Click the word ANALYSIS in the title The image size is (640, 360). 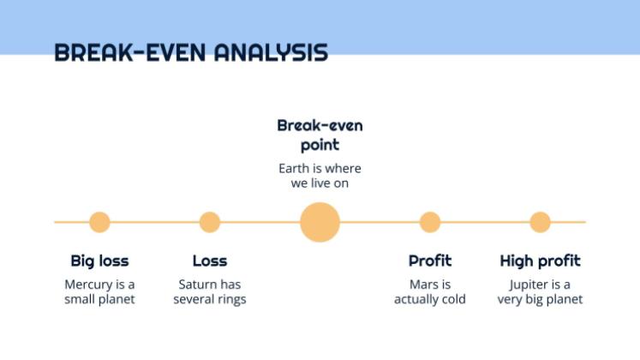(x=271, y=52)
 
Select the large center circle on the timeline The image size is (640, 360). (x=320, y=222)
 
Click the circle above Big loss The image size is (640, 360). (x=99, y=222)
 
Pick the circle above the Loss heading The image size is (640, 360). (x=210, y=222)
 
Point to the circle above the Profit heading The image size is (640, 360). (x=430, y=222)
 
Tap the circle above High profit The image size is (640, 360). (x=541, y=222)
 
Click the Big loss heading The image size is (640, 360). (x=99, y=261)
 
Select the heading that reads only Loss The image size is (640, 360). (x=210, y=261)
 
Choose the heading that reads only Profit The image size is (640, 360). (x=430, y=261)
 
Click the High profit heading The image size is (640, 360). (x=541, y=261)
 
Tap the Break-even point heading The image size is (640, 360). (x=320, y=135)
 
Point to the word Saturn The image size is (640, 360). (x=193, y=284)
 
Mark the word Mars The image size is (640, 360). (x=423, y=284)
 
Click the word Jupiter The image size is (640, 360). (x=529, y=285)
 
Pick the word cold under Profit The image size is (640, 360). (x=453, y=299)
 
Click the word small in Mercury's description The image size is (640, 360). (x=79, y=299)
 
